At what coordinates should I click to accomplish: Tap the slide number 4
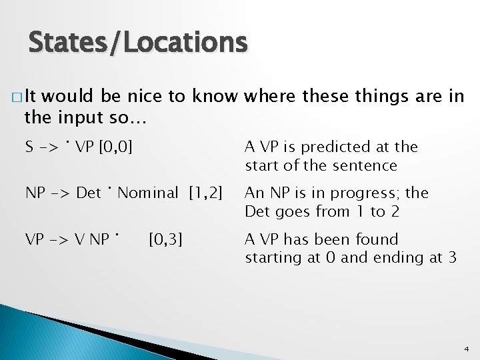[x=466, y=349]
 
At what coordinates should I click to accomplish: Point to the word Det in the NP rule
[x=89, y=193]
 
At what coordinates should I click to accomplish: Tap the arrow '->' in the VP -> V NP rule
[x=59, y=239]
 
